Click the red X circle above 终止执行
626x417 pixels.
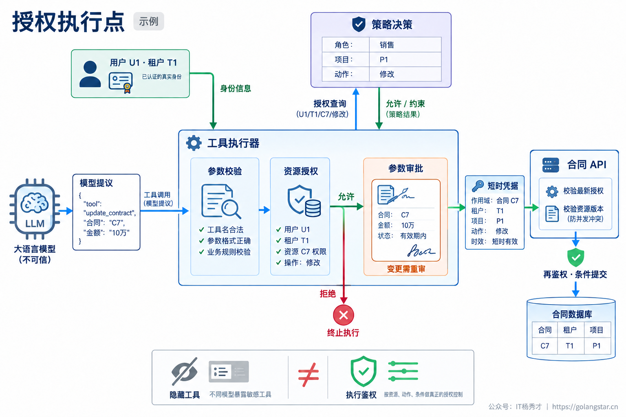[x=344, y=315]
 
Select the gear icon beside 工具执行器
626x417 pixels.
[x=194, y=143]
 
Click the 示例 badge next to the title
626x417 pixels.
[x=149, y=21]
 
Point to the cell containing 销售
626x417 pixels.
[x=405, y=45]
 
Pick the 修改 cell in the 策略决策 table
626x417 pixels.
[x=405, y=74]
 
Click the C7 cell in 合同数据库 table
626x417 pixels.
[x=544, y=346]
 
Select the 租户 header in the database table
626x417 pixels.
[x=570, y=330]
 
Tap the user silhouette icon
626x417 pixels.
[x=90, y=74]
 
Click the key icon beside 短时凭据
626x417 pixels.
[x=478, y=186]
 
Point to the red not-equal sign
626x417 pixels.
[x=308, y=375]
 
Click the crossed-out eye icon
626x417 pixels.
[x=185, y=371]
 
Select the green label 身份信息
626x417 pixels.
[x=236, y=88]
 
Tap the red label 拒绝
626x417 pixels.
[x=328, y=294]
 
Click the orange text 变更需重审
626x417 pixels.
[x=406, y=269]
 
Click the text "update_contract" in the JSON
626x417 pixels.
[x=110, y=213]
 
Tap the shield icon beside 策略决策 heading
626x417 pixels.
[x=359, y=24]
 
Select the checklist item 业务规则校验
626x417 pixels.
[x=229, y=252]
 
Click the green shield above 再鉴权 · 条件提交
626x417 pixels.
[x=576, y=257]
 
